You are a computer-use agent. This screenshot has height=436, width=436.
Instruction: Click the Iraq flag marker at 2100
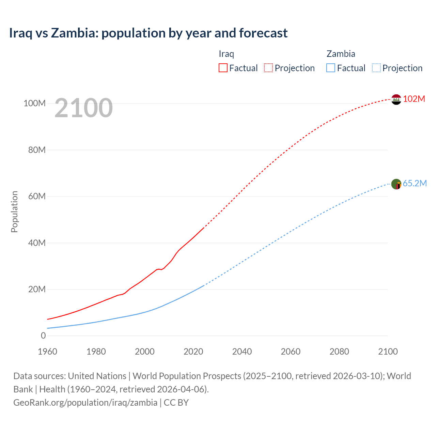click(396, 99)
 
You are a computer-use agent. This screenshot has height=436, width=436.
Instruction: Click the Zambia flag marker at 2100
click(396, 184)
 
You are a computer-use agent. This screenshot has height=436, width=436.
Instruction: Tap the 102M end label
click(414, 99)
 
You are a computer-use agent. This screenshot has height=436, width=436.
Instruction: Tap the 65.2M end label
click(415, 183)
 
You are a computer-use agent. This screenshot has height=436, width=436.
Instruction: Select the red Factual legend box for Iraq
click(223, 68)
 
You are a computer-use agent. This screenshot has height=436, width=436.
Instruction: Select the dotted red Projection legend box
click(268, 68)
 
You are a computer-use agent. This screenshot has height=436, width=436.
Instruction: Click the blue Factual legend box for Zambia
click(331, 68)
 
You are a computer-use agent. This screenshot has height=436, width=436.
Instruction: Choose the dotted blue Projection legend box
click(376, 68)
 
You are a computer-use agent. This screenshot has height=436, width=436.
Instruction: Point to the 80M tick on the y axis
click(37, 150)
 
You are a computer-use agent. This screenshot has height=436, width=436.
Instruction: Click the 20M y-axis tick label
click(37, 289)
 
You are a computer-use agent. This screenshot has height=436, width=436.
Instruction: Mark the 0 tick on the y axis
click(43, 336)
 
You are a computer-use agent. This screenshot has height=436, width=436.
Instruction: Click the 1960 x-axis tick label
click(47, 352)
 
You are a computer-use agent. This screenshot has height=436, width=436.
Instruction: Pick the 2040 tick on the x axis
click(242, 352)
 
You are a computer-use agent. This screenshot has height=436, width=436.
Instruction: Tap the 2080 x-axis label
click(339, 352)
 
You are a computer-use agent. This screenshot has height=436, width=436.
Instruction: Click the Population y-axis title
click(14, 212)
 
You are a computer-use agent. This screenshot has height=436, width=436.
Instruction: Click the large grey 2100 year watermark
click(83, 108)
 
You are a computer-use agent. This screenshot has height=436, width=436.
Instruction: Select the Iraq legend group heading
click(226, 54)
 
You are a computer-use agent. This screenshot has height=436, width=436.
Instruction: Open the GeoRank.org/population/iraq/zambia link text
click(85, 402)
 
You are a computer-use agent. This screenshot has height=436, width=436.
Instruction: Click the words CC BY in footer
click(176, 402)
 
